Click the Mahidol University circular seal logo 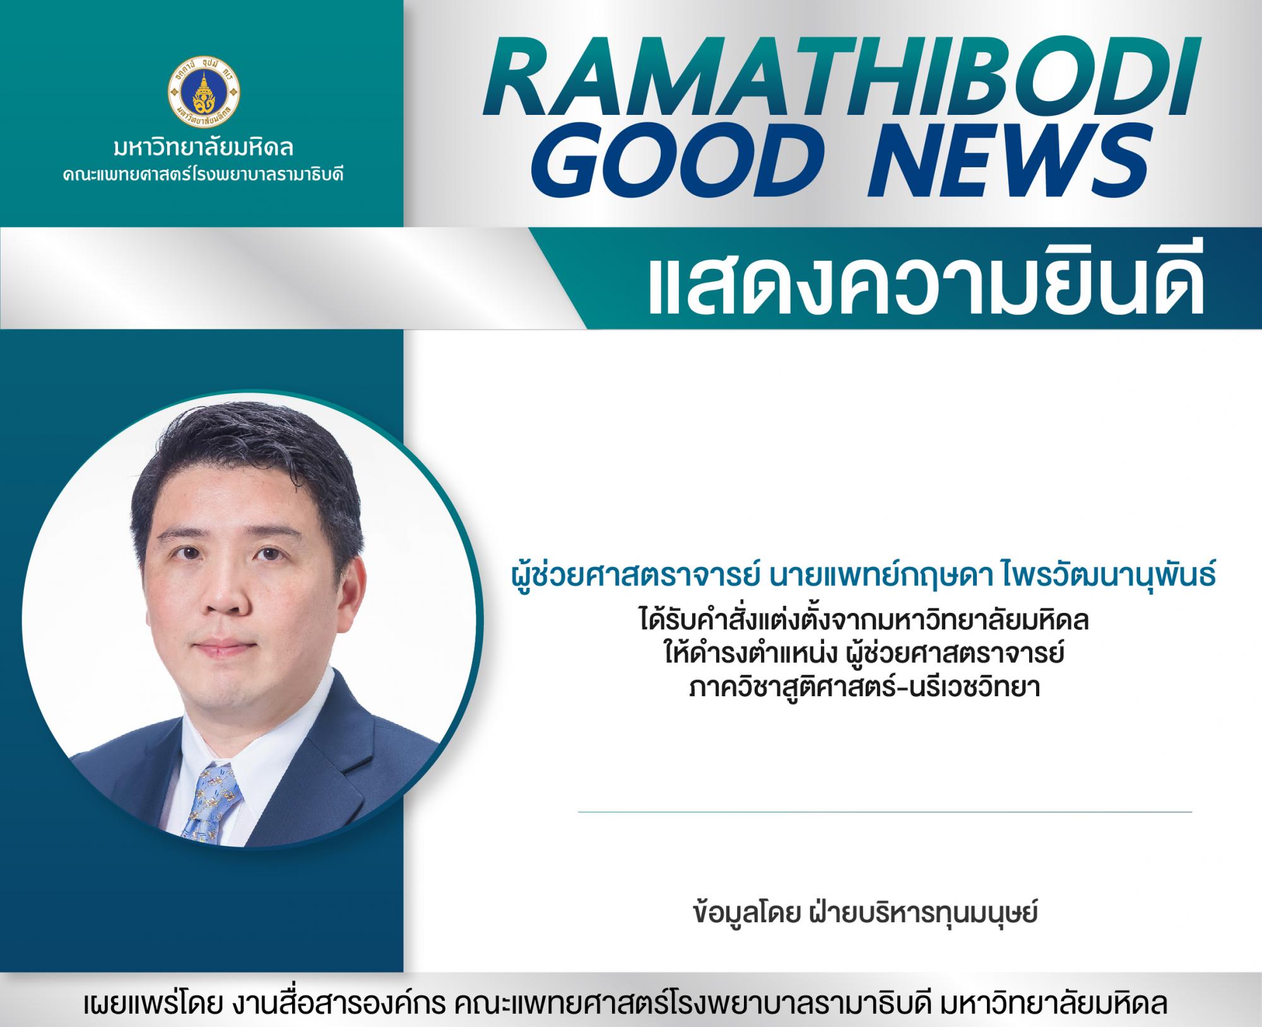pyautogui.click(x=203, y=91)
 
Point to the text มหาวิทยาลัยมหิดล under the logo pyautogui.click(x=203, y=150)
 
